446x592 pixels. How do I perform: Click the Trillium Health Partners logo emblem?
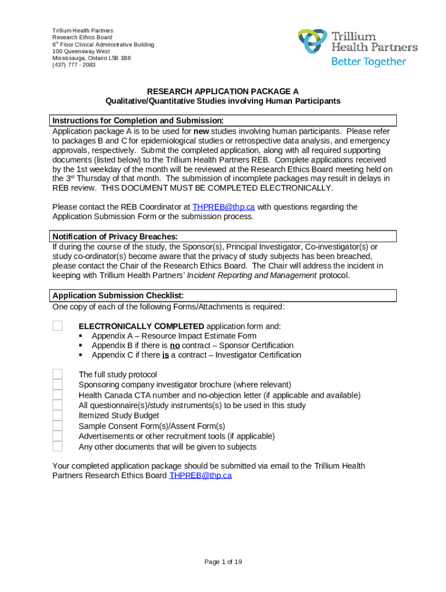click(x=313, y=42)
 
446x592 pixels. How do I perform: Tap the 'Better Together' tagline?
click(x=368, y=62)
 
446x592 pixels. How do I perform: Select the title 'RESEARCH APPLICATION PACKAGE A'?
click(x=222, y=91)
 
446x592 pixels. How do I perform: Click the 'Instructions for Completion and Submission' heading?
click(x=138, y=120)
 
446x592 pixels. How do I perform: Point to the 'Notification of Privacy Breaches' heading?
click(x=115, y=236)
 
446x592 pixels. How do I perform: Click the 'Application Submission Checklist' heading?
click(x=114, y=295)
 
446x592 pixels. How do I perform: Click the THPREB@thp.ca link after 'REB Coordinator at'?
click(x=224, y=207)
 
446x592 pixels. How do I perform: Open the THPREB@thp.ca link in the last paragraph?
click(x=200, y=476)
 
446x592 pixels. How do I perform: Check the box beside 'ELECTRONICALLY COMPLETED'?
click(x=57, y=325)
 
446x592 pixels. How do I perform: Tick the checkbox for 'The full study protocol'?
click(x=57, y=374)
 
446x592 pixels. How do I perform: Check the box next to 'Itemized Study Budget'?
click(x=57, y=416)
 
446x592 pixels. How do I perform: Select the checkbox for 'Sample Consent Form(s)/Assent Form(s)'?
click(x=57, y=426)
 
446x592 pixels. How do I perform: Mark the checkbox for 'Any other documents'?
click(x=57, y=446)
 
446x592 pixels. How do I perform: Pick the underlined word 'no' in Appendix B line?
click(x=174, y=346)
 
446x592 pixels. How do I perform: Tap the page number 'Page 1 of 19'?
click(x=223, y=562)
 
